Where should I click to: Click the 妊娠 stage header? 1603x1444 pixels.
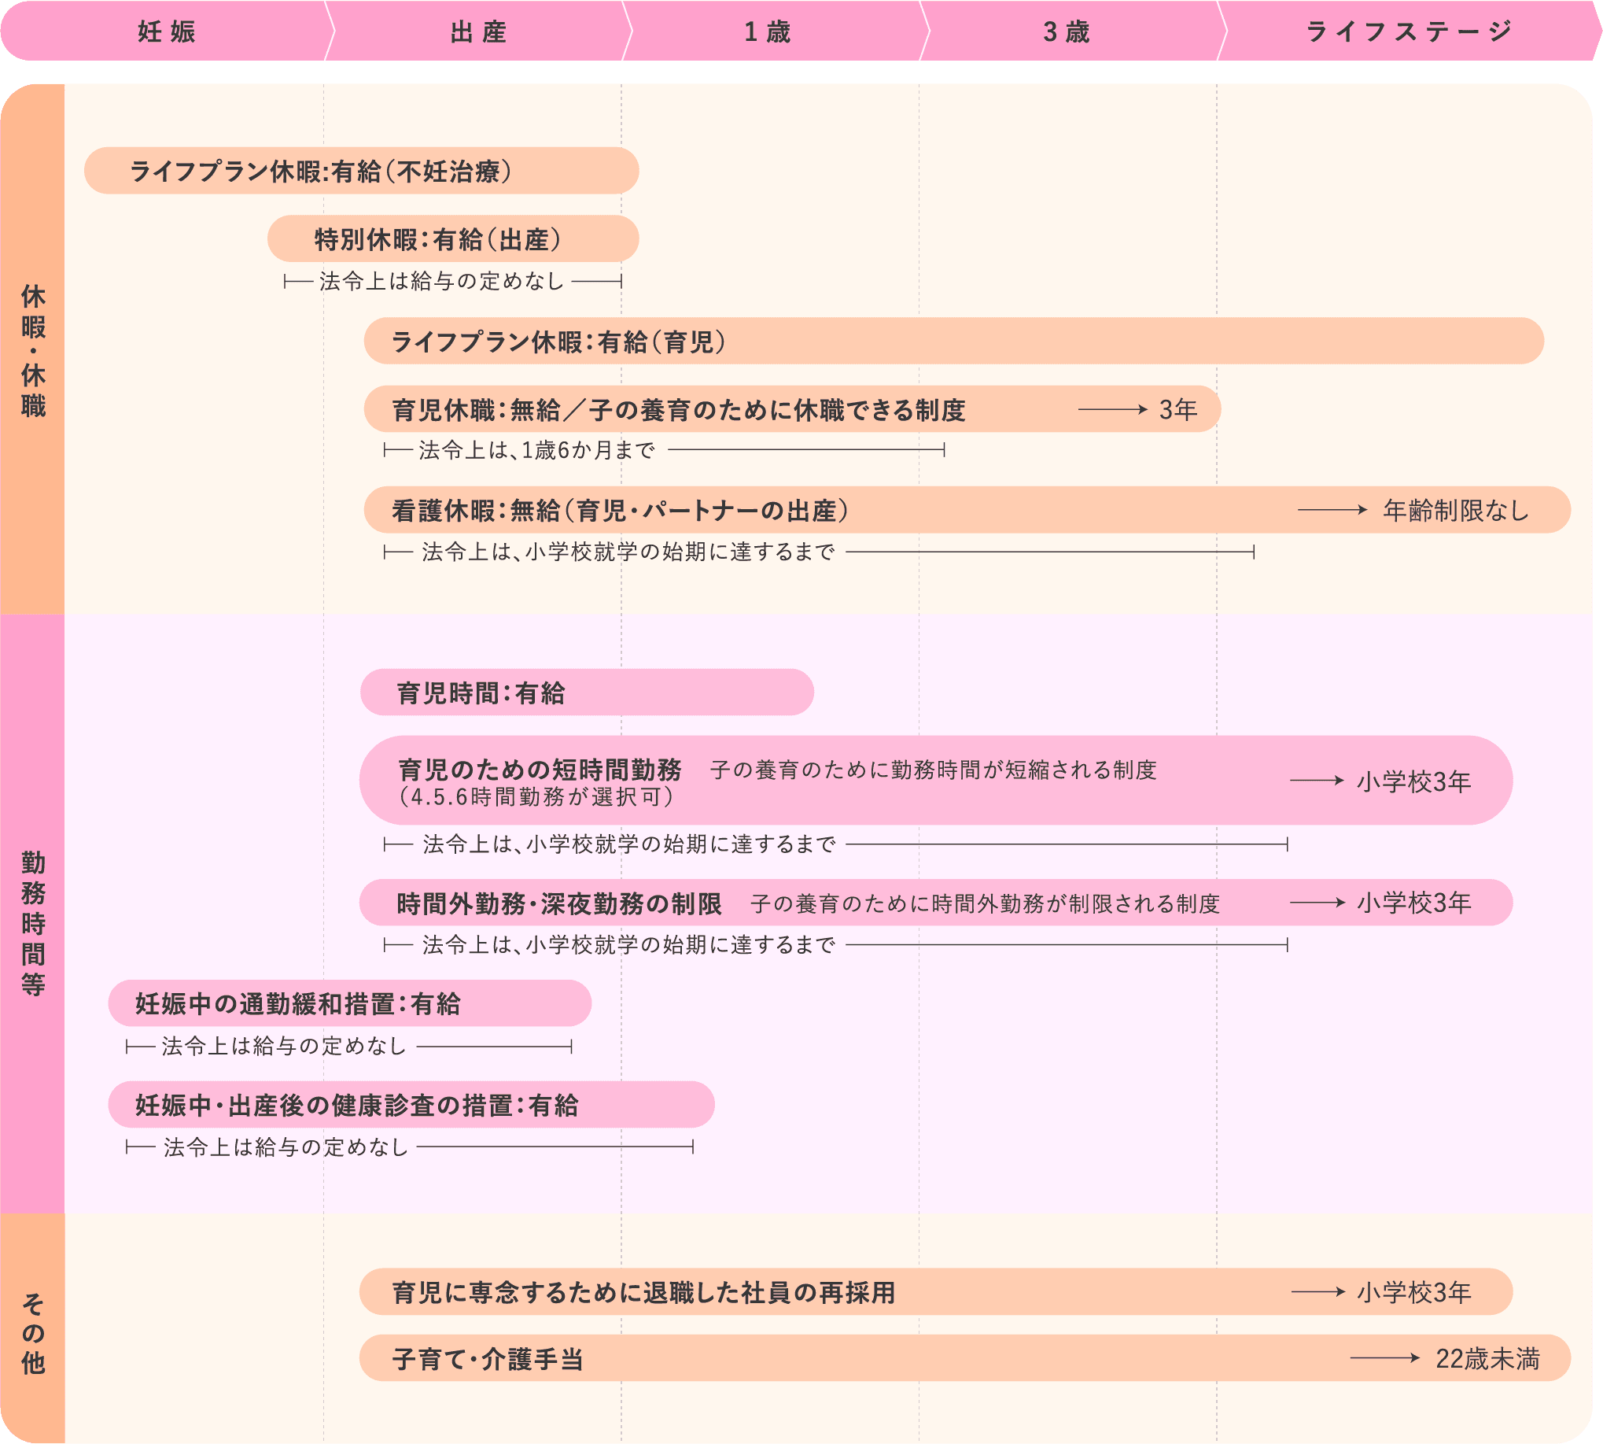point(167,31)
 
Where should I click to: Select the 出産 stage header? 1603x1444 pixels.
point(478,31)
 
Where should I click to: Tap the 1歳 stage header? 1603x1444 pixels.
point(767,31)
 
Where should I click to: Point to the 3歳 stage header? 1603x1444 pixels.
point(1066,31)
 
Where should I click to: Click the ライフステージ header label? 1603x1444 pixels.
point(1409,31)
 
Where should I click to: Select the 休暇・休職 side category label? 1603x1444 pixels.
point(33,350)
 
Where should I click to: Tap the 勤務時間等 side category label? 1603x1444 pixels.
point(33,923)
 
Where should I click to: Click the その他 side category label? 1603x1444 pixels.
point(33,1334)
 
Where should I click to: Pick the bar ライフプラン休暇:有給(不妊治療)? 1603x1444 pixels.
point(362,171)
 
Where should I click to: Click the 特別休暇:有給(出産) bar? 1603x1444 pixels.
point(453,238)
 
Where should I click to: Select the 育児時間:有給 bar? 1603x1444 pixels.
point(587,692)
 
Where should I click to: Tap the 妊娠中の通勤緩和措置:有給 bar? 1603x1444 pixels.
point(350,1003)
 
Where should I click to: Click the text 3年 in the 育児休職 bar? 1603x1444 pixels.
point(1177,409)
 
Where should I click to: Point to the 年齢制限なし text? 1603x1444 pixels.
point(1455,510)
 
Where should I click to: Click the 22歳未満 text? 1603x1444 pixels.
point(1487,1359)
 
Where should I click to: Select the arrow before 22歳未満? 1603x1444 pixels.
point(1385,1358)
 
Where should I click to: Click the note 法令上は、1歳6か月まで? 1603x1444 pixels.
point(537,450)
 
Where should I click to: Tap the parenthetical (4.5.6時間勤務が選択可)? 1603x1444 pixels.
point(536,796)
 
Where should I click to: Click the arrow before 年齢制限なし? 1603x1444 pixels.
point(1332,509)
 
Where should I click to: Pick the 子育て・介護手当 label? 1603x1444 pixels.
point(488,1359)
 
